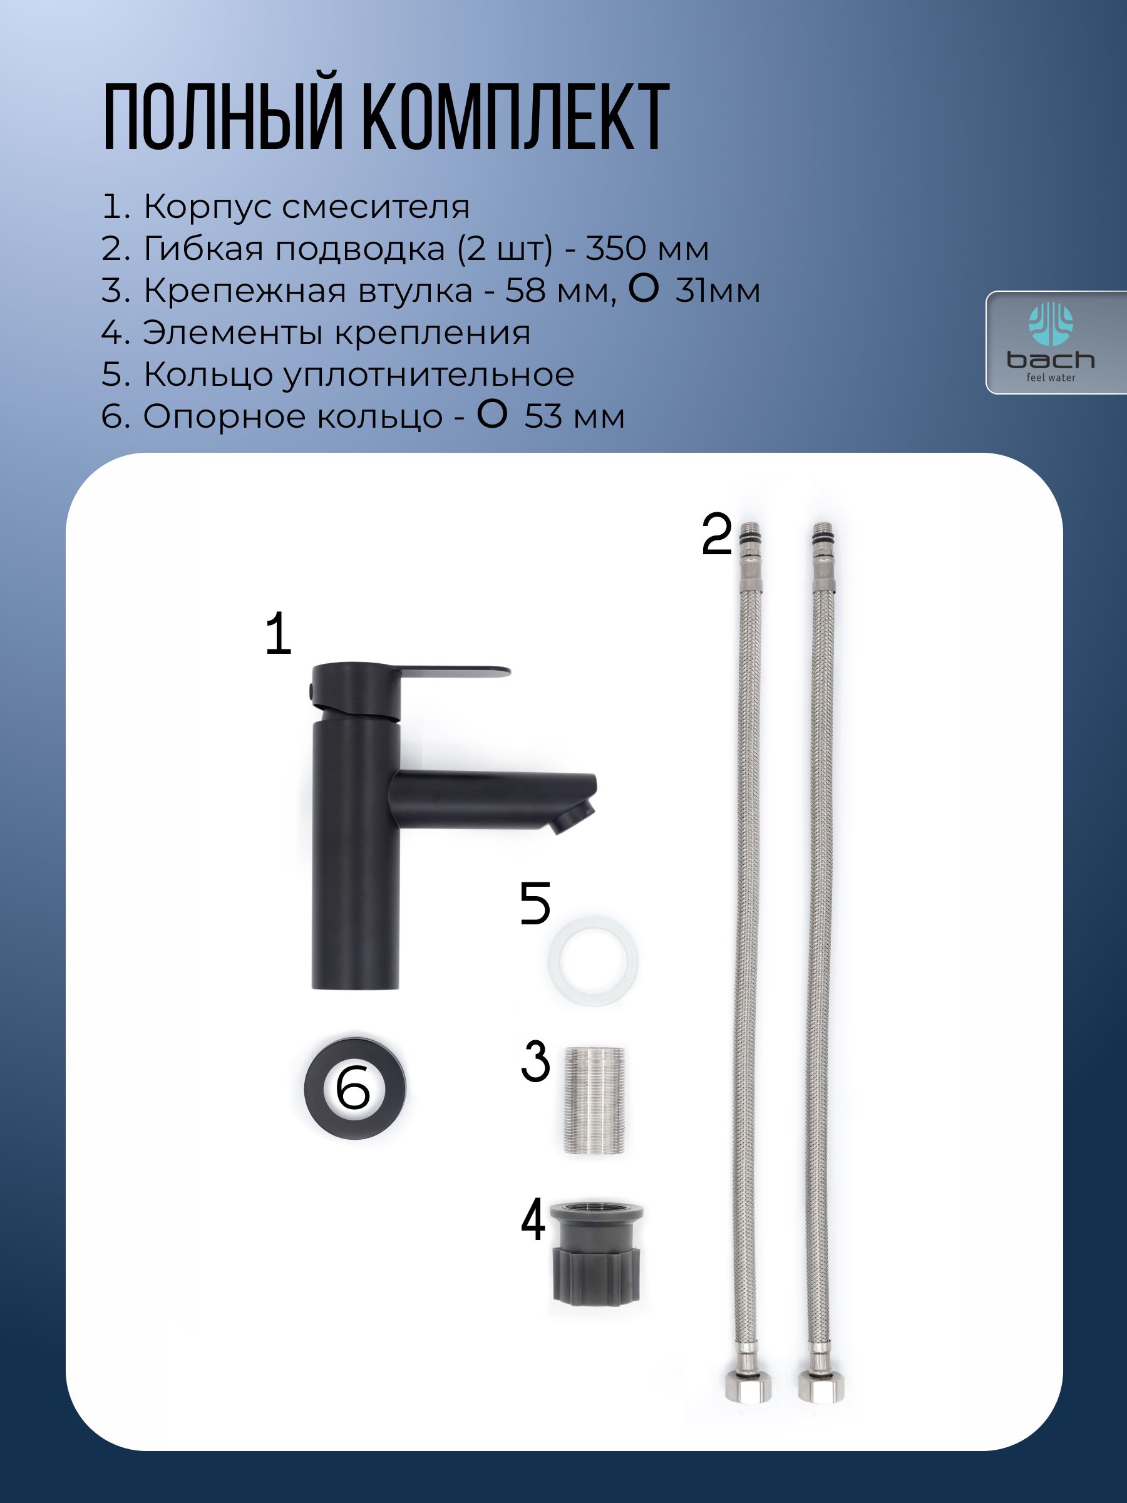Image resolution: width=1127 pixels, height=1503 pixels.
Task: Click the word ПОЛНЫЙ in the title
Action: point(222,116)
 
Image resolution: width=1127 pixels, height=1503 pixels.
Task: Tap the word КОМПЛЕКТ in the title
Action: point(517,116)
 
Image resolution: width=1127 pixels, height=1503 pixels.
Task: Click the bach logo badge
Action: point(1055,343)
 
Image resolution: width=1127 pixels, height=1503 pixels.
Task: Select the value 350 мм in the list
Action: point(647,249)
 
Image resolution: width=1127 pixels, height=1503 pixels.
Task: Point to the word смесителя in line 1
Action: point(376,207)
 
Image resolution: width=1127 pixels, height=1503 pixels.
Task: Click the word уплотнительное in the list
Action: point(428,376)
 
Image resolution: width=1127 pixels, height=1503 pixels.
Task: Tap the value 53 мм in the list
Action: point(574,416)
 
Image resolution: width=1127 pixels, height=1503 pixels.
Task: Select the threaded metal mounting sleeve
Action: point(594,1100)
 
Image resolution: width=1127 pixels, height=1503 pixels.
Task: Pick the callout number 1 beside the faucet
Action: point(279,634)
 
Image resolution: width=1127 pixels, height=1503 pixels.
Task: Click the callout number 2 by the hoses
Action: point(717,535)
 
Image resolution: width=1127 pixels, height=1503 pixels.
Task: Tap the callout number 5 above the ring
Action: point(535,903)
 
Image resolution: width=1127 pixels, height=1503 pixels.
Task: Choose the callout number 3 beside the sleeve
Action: point(535,1061)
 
